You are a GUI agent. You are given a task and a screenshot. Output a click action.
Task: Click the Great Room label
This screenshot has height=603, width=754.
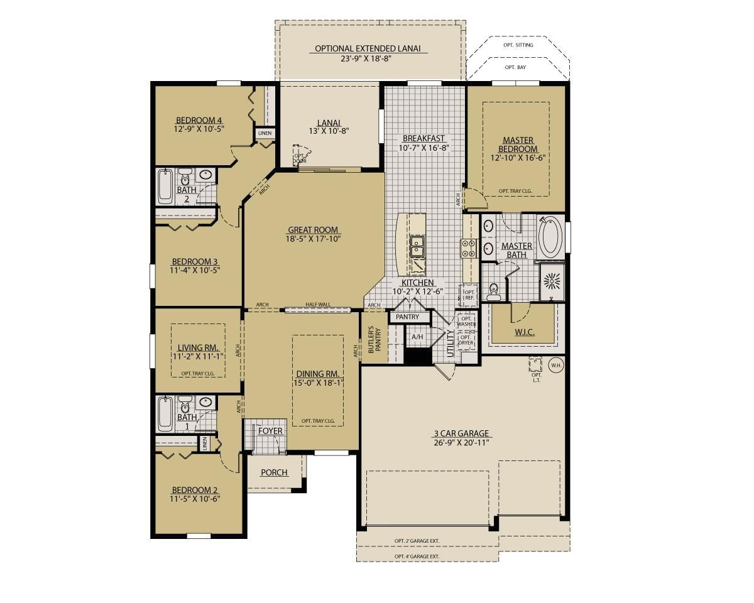(313, 230)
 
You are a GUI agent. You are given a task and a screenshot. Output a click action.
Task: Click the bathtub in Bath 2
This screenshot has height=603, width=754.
(165, 185)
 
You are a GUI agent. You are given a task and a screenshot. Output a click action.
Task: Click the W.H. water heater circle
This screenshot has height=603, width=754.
(555, 365)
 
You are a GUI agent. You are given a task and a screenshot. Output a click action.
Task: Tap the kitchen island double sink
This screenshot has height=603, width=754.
(417, 246)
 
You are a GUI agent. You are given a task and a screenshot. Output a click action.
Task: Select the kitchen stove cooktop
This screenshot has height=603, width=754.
(469, 249)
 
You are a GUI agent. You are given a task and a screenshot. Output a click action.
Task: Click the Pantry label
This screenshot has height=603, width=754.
(407, 317)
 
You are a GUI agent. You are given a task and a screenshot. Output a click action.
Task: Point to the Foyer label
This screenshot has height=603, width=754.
(270, 432)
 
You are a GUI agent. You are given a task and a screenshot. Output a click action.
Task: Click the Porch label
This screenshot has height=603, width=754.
(274, 472)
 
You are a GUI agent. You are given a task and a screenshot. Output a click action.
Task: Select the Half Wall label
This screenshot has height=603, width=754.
(317, 305)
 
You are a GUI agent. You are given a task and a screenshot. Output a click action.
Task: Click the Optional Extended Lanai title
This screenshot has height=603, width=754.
(368, 48)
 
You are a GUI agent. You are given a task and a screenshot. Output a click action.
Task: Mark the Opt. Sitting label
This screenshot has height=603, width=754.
(519, 45)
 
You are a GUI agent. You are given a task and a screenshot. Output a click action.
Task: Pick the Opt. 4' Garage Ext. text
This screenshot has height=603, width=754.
(417, 557)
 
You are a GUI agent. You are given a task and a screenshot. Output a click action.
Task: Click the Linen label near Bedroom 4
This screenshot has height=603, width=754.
(265, 133)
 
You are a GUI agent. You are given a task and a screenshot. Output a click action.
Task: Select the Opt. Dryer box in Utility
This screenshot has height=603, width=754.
(466, 340)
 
